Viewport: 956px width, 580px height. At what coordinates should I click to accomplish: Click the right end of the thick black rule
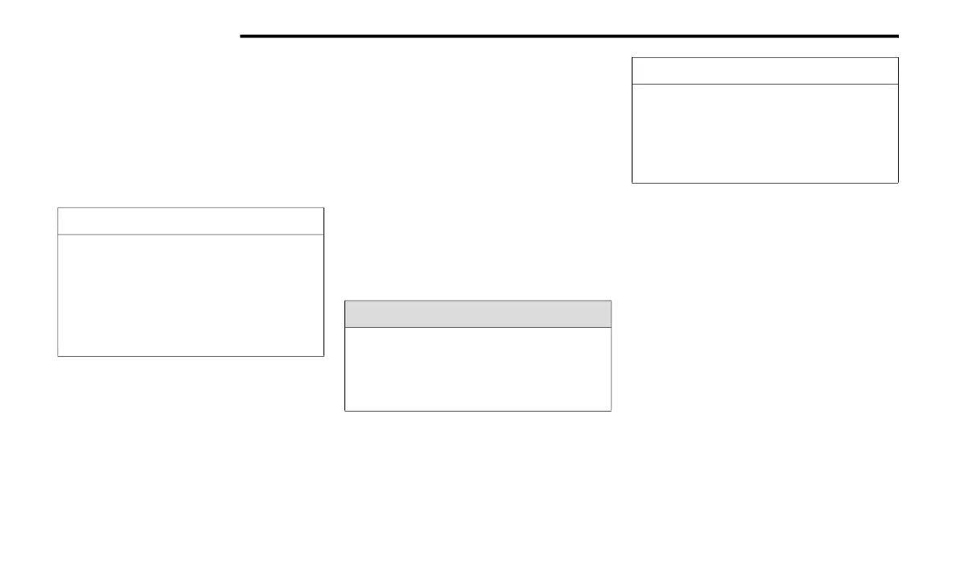coord(897,36)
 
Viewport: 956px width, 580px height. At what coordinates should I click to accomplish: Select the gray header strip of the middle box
coord(478,314)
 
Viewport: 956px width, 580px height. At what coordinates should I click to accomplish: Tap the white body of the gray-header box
coord(478,369)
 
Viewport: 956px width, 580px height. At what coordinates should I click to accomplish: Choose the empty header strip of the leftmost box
coord(191,221)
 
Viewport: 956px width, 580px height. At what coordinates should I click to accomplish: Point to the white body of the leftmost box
coord(191,295)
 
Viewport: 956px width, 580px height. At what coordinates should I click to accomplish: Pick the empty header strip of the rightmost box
coord(764,71)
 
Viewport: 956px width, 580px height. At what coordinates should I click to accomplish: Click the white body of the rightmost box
coord(764,133)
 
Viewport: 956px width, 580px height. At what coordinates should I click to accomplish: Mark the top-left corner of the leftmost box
coord(58,208)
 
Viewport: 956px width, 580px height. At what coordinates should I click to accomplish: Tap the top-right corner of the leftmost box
coord(323,208)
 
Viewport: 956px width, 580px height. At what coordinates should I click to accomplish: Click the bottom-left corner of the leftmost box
coord(58,355)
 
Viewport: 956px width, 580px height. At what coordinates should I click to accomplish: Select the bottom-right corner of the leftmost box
coord(323,355)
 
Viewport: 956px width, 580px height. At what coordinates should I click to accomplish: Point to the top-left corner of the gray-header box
coord(345,300)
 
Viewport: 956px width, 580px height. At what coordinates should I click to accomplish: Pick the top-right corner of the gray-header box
coord(611,300)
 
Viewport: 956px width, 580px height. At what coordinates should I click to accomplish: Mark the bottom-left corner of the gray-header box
coord(345,411)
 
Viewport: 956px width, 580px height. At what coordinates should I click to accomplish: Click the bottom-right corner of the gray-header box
coord(611,411)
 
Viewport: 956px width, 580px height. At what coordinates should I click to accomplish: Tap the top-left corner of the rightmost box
coord(633,58)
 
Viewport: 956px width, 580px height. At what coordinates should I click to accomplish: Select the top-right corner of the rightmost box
coord(897,58)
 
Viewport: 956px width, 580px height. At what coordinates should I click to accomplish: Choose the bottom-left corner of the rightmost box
coord(633,183)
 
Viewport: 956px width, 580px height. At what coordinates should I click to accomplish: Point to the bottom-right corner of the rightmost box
coord(897,183)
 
